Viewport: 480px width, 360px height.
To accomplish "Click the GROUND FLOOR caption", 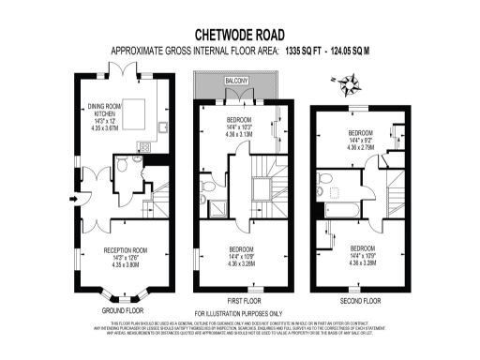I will pyautogui.click(x=123, y=308).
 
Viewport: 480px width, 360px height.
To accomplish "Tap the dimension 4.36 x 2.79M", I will pyautogui.click(x=359, y=146).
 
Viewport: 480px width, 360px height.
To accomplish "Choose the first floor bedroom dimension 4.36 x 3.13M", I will pyautogui.click(x=241, y=134).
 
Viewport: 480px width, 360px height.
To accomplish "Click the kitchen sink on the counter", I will pyautogui.click(x=161, y=126).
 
